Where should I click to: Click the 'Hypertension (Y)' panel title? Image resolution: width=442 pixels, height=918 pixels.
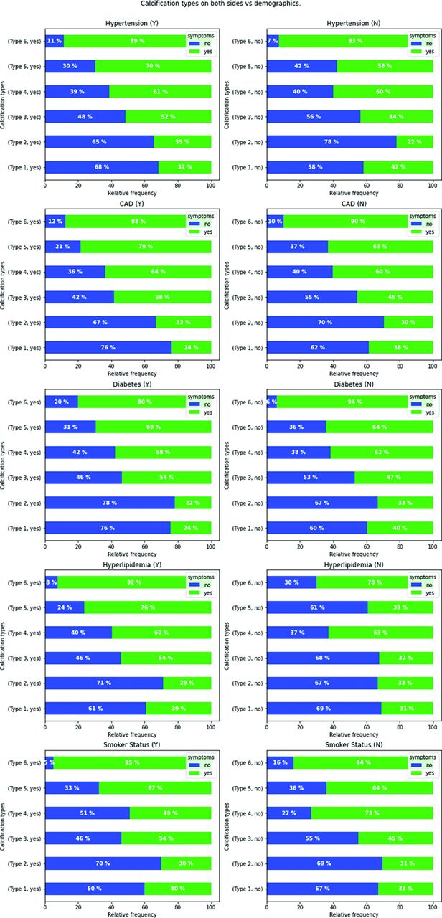[x=128, y=24]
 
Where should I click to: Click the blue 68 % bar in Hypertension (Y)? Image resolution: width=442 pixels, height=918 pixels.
[x=101, y=166]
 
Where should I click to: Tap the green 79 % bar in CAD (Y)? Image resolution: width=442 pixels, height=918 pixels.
[x=146, y=246]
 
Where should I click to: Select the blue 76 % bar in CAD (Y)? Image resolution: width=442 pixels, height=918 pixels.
[x=108, y=347]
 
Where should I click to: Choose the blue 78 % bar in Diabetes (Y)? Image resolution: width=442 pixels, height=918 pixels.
[x=109, y=502]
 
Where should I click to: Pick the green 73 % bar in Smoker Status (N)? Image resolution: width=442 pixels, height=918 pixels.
[x=372, y=813]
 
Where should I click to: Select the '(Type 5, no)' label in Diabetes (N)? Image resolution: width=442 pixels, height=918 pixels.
[x=245, y=427]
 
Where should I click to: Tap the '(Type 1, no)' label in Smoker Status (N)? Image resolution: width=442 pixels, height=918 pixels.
[x=246, y=888]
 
